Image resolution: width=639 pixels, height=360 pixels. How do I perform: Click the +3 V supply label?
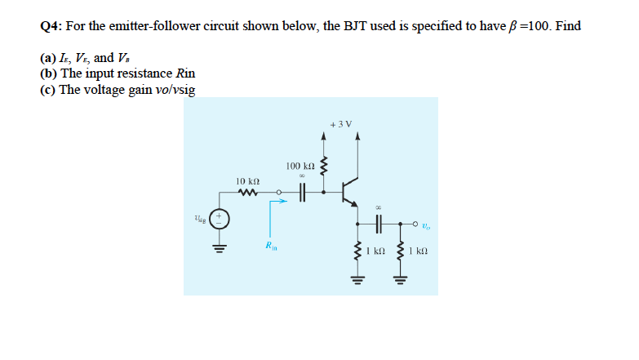click(341, 124)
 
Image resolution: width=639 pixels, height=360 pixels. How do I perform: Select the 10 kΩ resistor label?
click(247, 180)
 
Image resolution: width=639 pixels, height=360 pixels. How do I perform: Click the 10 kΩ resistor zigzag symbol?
click(247, 193)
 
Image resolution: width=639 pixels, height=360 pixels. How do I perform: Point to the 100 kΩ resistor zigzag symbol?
click(325, 167)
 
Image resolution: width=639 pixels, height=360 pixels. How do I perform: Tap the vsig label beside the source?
click(200, 218)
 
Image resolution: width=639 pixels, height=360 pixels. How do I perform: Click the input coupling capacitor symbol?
click(302, 193)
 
